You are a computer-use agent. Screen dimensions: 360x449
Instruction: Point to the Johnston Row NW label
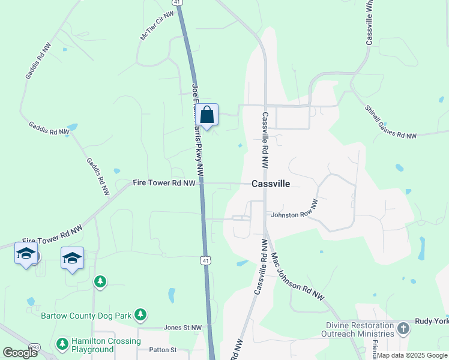[294, 214]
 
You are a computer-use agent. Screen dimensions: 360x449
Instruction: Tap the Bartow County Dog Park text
[86, 315]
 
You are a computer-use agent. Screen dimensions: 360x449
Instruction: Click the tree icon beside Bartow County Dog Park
[140, 314]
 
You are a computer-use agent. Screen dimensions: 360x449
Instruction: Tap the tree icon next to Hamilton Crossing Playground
[61, 344]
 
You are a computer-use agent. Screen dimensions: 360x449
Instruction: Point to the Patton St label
[163, 350]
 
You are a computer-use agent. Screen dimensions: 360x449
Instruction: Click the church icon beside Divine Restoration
[403, 328]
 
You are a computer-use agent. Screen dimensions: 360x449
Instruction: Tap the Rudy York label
[432, 321]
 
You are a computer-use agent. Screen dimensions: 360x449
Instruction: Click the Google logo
[20, 352]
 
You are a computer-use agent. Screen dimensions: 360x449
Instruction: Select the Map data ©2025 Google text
[412, 355]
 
